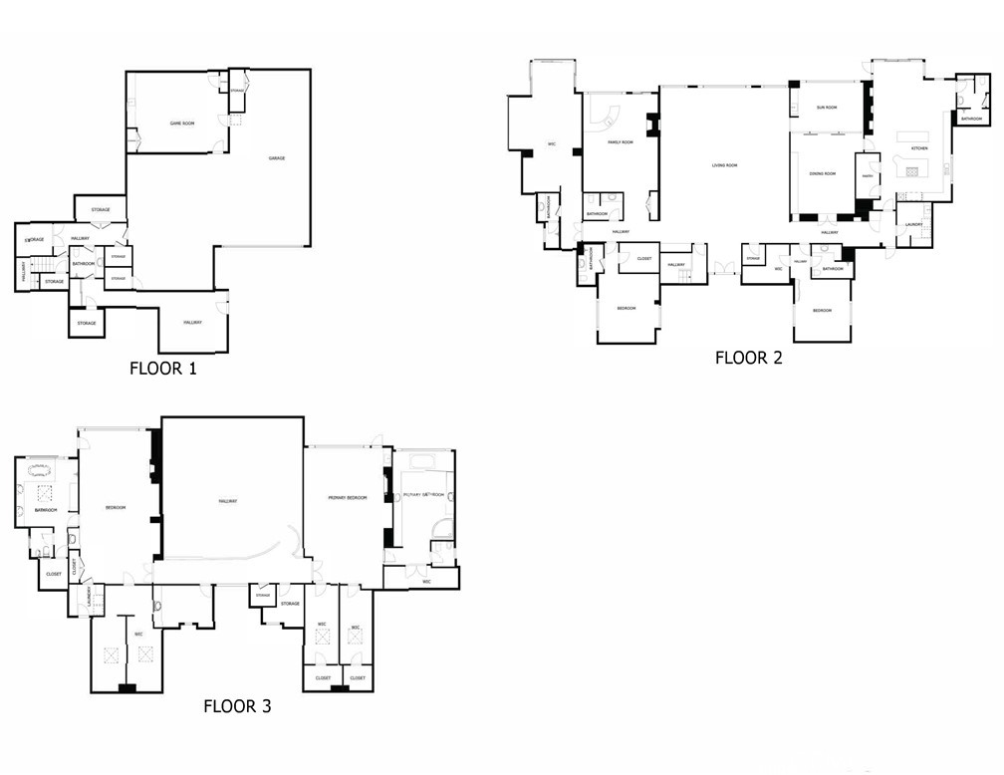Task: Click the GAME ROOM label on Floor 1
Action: coord(181,124)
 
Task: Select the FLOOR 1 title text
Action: coord(163,368)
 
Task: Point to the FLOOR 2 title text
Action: coord(748,358)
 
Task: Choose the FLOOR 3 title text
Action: coord(237,706)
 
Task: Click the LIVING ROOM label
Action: coord(724,165)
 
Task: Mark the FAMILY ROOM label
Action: coord(621,142)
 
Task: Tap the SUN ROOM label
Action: coord(827,107)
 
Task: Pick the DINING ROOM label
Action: coord(822,174)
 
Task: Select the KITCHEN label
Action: coord(919,148)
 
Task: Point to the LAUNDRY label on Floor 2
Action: coord(913,224)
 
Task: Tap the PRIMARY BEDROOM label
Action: coord(348,497)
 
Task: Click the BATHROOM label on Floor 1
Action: coord(83,264)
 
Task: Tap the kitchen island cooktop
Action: coord(910,170)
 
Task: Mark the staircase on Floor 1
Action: coord(41,266)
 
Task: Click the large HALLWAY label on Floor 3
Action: coord(228,500)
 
